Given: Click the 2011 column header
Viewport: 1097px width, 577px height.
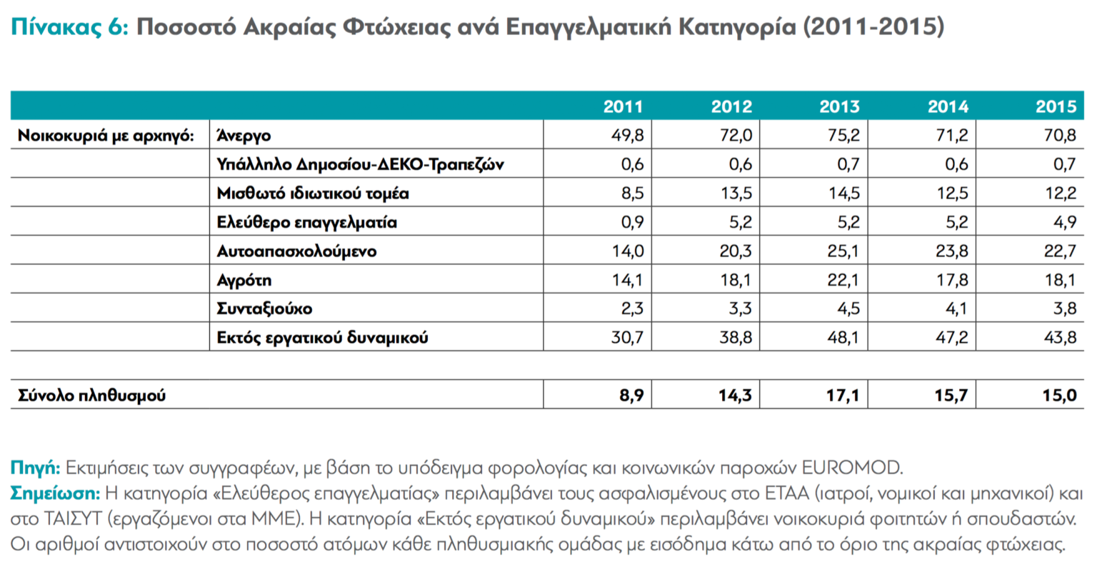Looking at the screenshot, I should click(x=623, y=107).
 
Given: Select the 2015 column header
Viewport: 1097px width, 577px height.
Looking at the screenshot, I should click(x=1056, y=107).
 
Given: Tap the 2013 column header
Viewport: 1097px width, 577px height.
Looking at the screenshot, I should click(x=839, y=107).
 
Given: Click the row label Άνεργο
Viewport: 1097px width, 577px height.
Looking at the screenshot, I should click(x=244, y=136).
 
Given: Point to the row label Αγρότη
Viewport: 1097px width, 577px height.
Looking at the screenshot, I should click(x=244, y=280).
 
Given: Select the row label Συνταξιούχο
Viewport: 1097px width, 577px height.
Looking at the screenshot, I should click(x=264, y=308).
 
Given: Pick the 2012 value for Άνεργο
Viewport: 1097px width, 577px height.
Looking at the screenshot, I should click(x=736, y=136).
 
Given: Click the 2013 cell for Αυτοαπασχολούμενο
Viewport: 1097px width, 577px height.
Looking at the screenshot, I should click(x=843, y=251).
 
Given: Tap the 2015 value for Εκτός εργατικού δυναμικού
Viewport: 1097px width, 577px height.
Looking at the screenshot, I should click(x=1060, y=337).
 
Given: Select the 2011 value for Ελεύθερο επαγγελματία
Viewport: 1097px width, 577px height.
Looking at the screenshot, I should click(x=632, y=222).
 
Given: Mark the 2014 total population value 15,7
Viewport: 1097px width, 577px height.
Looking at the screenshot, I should click(x=951, y=395).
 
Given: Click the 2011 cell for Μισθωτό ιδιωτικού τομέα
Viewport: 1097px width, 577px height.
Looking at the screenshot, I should click(x=632, y=194).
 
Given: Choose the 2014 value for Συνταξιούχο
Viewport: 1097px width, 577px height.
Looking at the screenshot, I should click(x=956, y=308).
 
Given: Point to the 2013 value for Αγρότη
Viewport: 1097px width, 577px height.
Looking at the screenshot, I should click(x=843, y=280).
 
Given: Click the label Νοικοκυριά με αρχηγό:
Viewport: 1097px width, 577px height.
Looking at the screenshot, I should click(x=106, y=136).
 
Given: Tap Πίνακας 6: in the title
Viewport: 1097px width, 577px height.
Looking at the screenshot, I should click(x=69, y=27).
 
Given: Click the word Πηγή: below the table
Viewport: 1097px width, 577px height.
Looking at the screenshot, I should click(x=34, y=468).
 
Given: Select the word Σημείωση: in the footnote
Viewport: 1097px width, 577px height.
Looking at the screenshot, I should click(x=55, y=493).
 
